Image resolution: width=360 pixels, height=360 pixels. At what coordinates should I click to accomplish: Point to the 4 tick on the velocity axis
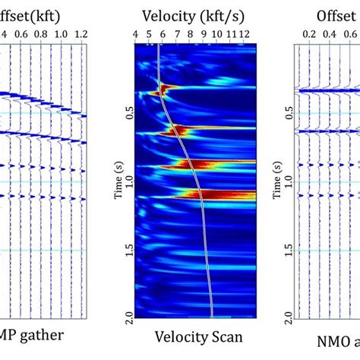pyautogui.click(x=135, y=34)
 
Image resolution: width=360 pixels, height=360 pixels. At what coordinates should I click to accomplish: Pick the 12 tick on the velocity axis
pyautogui.click(x=244, y=34)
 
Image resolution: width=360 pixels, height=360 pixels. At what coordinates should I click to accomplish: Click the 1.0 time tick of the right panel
pyautogui.click(x=289, y=181)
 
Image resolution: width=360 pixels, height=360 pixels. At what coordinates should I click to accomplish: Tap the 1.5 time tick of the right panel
pyautogui.click(x=289, y=250)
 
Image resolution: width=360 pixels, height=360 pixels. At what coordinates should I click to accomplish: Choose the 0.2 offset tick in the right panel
pyautogui.click(x=310, y=34)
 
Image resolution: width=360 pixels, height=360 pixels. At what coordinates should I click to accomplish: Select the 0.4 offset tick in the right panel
pyautogui.click(x=329, y=34)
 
